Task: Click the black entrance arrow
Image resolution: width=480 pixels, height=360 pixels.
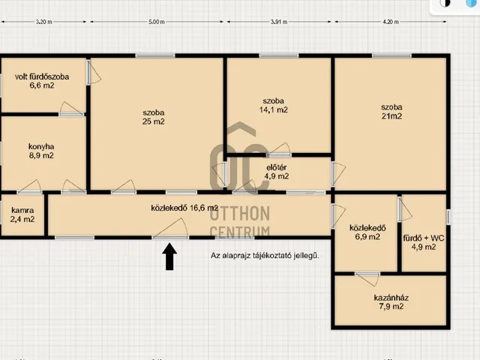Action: point(169,256)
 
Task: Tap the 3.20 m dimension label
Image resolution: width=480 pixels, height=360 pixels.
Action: point(43,22)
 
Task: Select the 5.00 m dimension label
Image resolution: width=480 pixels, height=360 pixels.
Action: point(157,22)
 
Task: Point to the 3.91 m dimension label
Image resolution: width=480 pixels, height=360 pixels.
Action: point(279,22)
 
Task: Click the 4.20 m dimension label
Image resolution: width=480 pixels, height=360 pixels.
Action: point(391,22)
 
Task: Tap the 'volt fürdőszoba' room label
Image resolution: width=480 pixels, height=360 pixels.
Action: point(42,76)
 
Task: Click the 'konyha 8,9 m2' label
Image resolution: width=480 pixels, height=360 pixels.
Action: point(41,151)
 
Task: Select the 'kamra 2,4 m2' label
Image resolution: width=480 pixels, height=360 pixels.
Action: point(22,214)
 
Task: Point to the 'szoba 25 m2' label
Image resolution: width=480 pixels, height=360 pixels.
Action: point(153,117)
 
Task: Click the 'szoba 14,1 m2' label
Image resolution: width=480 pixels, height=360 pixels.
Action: point(273,105)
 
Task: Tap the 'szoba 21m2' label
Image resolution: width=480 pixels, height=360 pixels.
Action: point(391,112)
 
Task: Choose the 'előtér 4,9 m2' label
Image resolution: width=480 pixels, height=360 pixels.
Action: point(277,172)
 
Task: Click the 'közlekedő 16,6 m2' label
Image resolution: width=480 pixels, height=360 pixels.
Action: point(184,208)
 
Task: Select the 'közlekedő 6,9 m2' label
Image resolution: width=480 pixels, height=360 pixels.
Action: point(367,232)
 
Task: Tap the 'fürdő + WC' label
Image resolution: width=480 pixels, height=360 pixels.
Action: point(424,238)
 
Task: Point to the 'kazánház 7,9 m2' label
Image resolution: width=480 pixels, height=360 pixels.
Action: point(391,301)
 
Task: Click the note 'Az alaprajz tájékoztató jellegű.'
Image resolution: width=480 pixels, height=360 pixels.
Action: point(265,255)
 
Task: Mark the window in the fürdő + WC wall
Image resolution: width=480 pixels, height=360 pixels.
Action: point(448,217)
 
